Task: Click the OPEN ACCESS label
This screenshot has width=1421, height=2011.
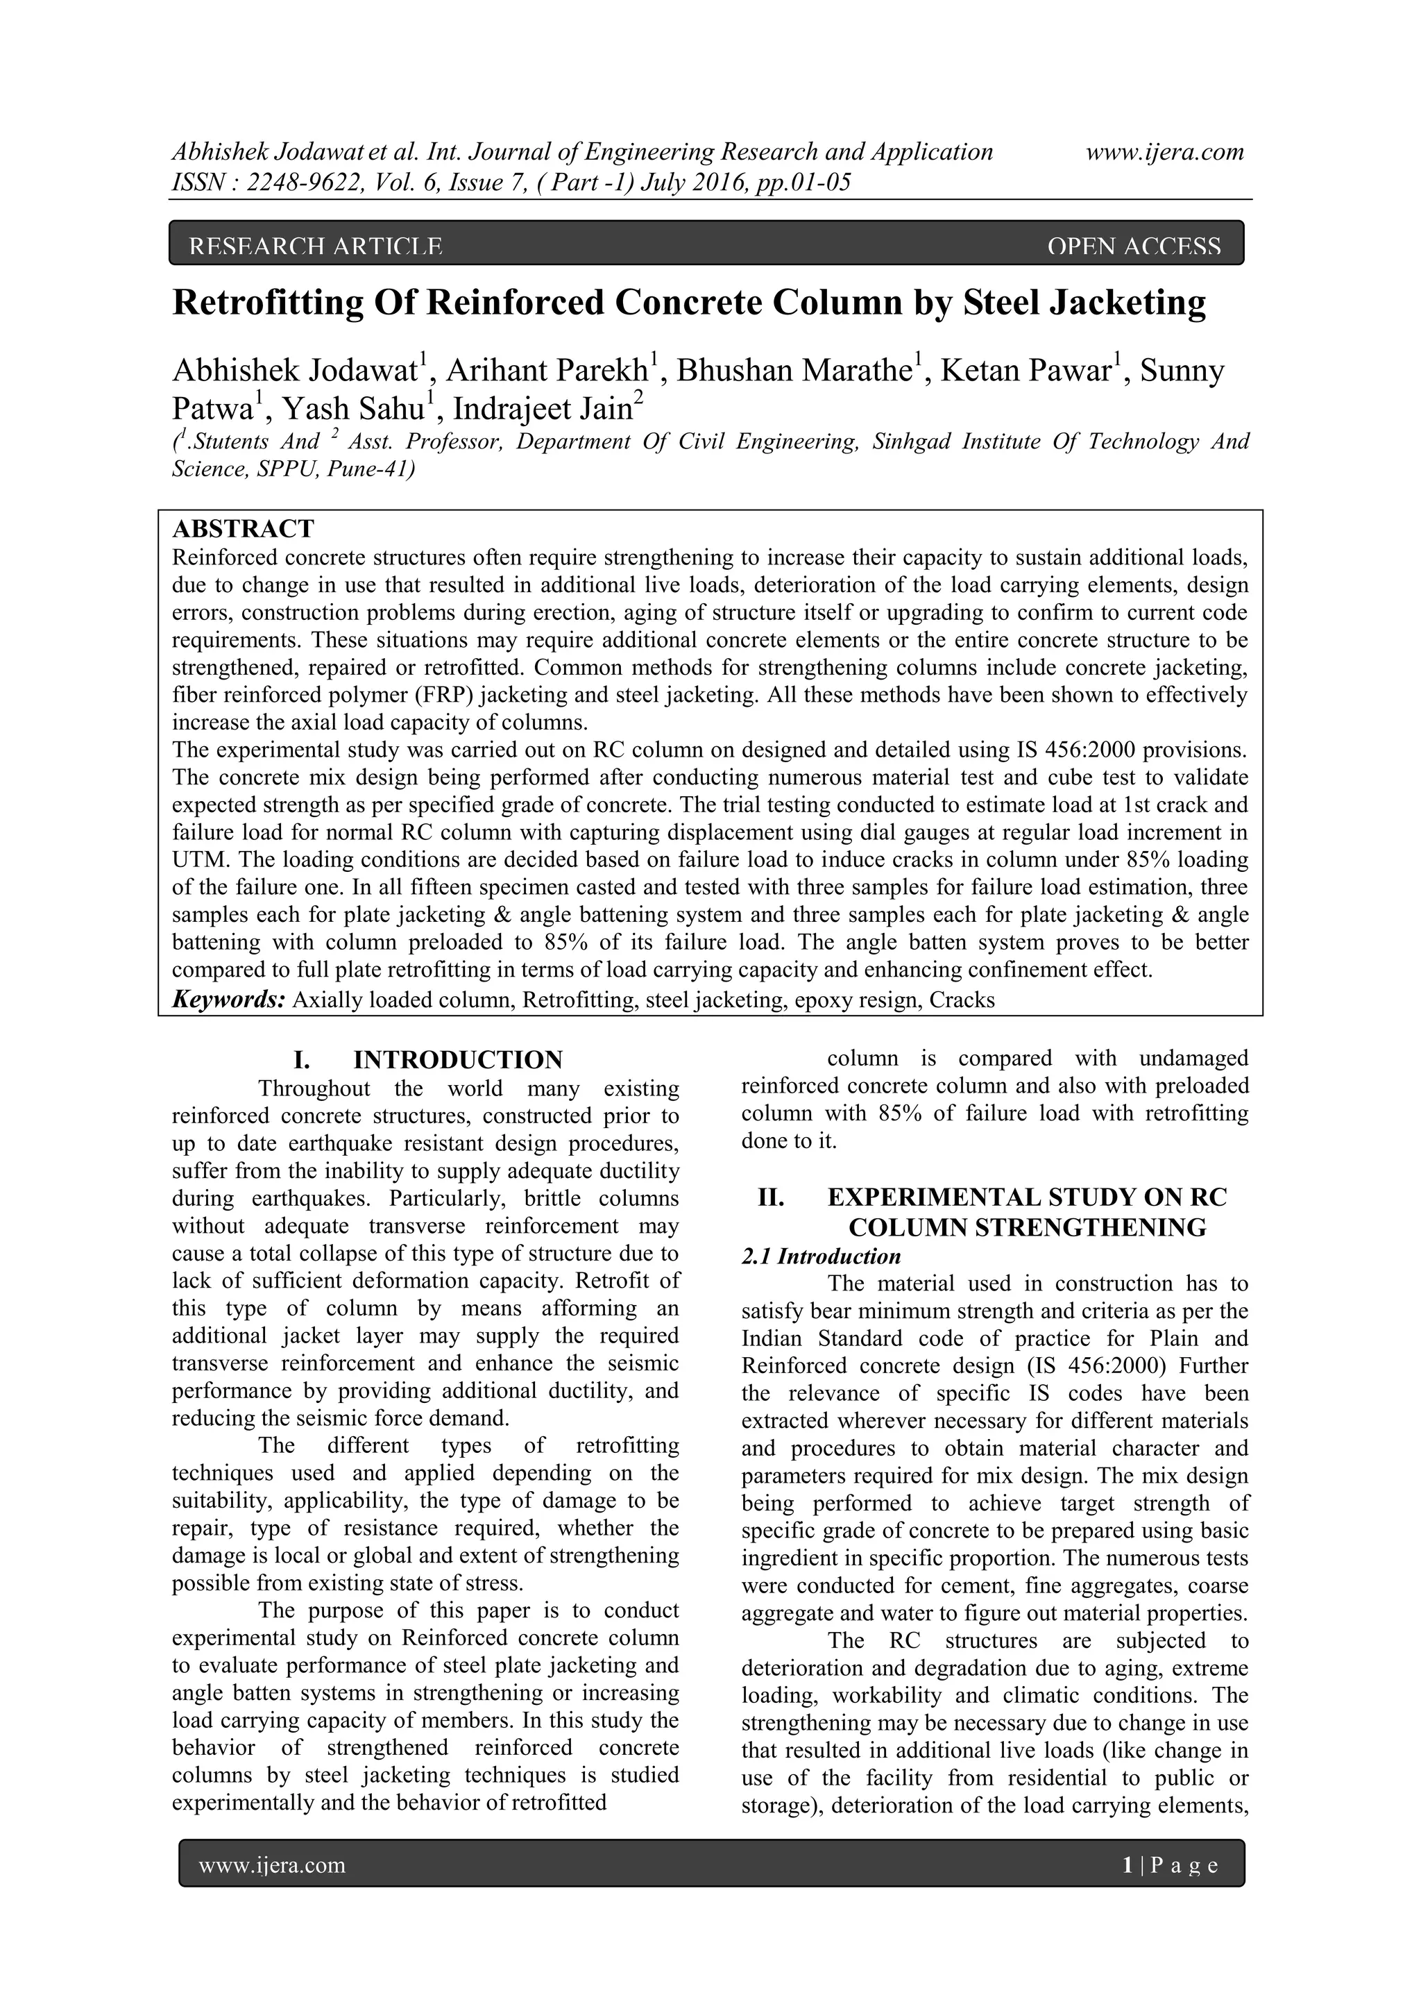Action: (x=1133, y=247)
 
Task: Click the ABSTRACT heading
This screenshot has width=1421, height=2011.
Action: (x=243, y=529)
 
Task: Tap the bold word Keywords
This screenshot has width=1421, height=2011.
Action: (x=228, y=1000)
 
